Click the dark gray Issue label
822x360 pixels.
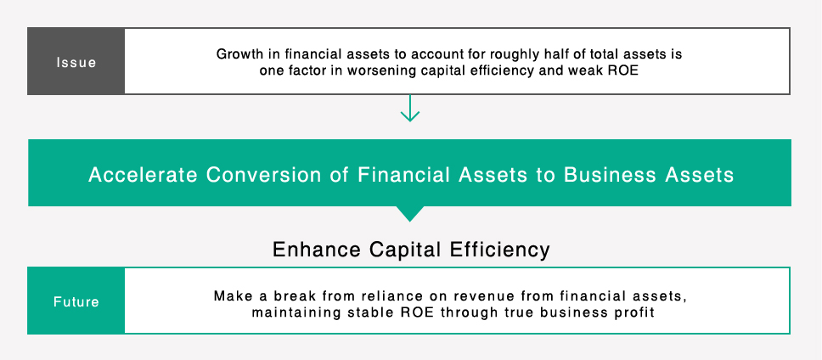click(76, 62)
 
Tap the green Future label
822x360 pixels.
click(76, 301)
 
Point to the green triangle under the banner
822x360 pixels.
click(411, 213)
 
